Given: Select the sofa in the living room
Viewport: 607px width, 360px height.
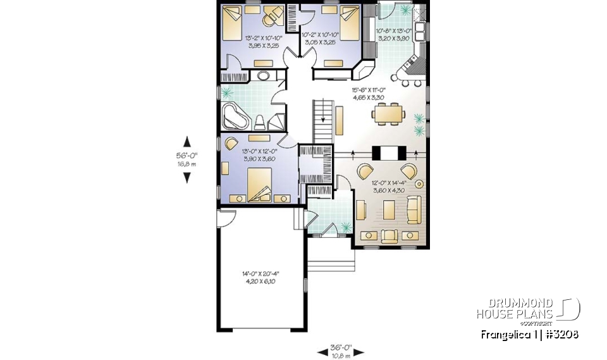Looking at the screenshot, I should click(414, 209).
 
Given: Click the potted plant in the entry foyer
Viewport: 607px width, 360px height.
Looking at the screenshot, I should click(345, 227).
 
